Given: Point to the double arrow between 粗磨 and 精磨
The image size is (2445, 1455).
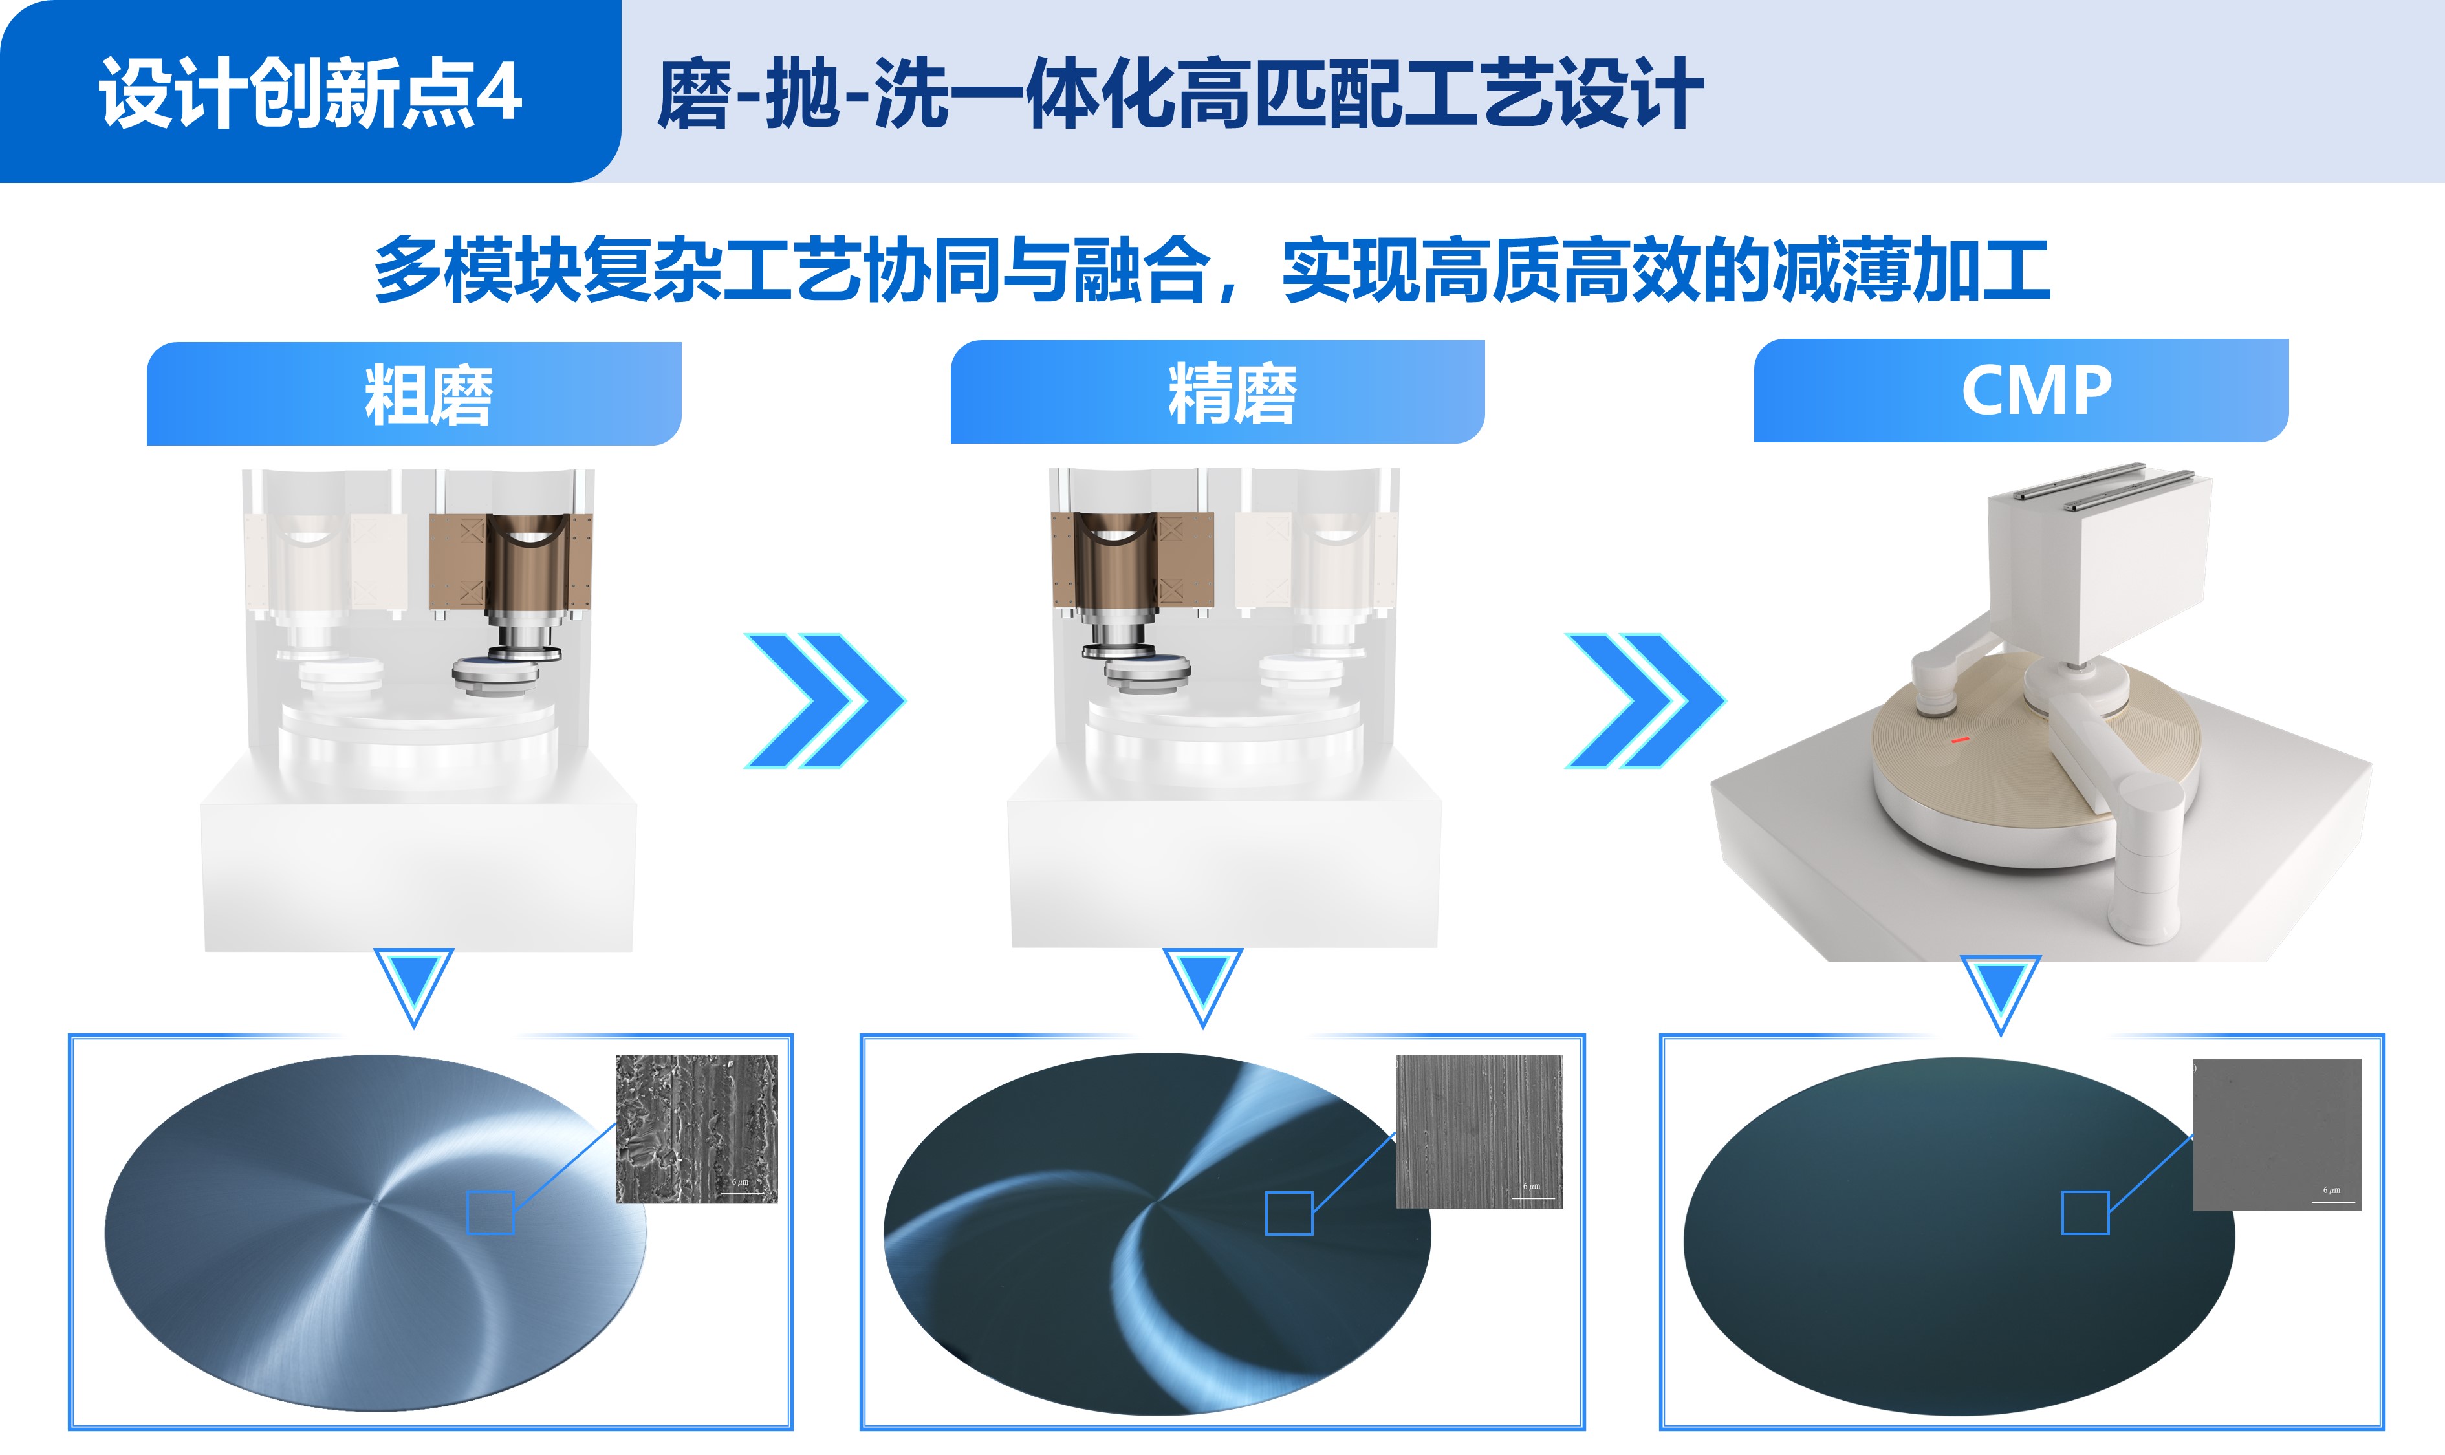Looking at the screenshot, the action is tap(825, 700).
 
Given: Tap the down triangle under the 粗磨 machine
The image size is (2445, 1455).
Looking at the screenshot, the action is tap(414, 984).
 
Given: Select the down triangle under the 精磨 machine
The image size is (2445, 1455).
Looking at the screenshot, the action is tap(1202, 984).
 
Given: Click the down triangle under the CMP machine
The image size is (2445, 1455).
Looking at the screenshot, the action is tap(2001, 992).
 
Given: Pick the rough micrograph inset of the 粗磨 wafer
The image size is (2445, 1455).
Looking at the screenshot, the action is tap(697, 1128).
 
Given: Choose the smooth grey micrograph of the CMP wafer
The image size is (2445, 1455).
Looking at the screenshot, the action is tap(2276, 1134).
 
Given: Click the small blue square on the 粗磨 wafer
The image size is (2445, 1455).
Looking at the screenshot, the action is tap(490, 1212).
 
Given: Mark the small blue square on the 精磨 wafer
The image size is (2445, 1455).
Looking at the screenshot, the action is tap(1288, 1213).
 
